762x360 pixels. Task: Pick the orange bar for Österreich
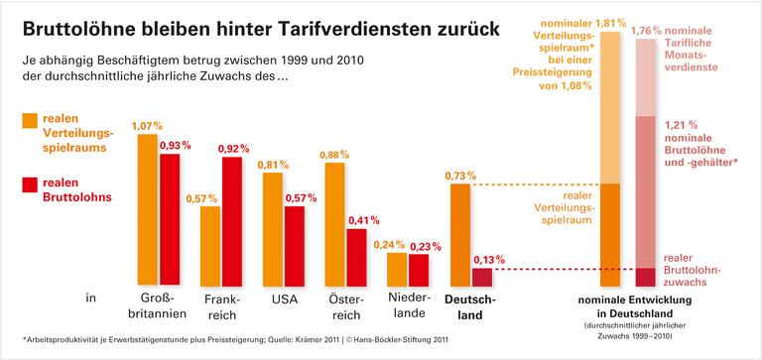334,222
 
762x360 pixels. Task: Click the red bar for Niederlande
419,269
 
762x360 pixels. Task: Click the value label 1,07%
146,126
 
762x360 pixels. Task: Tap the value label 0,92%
233,149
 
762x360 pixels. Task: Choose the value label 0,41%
358,220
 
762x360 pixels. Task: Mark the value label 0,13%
482,259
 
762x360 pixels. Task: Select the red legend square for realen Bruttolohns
30,184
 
